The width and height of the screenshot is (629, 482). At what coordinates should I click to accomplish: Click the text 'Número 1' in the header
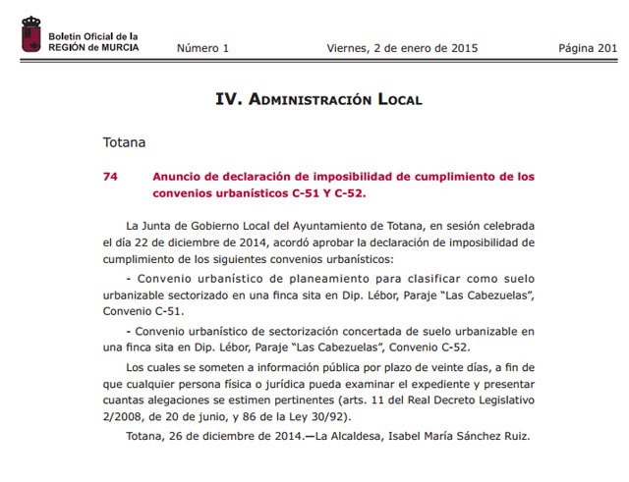click(202, 47)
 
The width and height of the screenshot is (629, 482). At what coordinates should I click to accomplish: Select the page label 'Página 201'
click(588, 47)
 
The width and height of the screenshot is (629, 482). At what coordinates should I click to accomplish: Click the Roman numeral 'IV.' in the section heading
click(228, 99)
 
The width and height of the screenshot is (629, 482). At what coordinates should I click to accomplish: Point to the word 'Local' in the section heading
click(396, 99)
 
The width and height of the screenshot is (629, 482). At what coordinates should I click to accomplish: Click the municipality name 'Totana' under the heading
click(124, 141)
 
